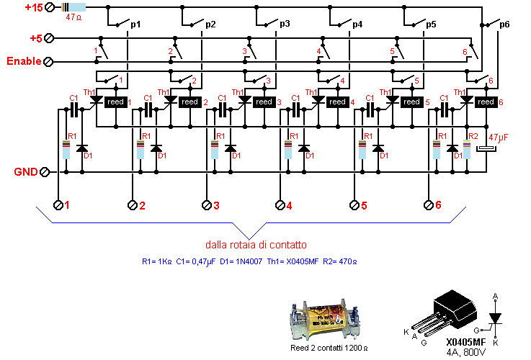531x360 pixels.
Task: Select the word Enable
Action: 24,61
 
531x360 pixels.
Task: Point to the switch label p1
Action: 135,24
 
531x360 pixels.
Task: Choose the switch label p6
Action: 504,24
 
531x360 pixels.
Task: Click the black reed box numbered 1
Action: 115,102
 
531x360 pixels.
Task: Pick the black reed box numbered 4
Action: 337,102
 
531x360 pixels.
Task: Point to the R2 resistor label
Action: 473,136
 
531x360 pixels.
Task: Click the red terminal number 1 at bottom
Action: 68,206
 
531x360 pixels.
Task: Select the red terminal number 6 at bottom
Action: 437,206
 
